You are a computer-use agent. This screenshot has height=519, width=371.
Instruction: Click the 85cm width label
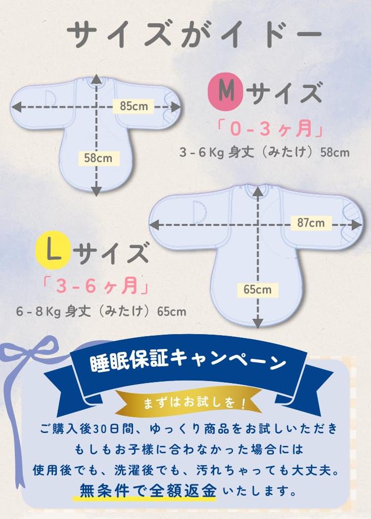pos(134,106)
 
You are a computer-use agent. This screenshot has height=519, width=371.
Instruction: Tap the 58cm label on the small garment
pos(98,158)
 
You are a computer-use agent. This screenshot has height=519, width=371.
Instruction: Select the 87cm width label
pos(311,223)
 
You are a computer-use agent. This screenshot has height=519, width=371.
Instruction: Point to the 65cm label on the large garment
pos(257,290)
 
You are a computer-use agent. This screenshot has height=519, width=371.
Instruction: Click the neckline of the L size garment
pos(258,190)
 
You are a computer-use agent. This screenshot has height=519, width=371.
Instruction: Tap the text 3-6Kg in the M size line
pos(201,153)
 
